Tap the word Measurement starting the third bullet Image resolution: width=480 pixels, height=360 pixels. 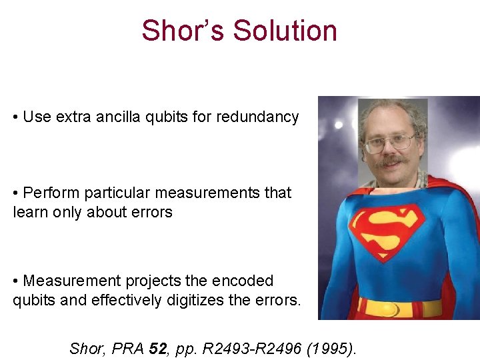point(72,281)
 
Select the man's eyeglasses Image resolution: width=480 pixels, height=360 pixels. point(389,143)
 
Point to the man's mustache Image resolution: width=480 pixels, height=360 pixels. point(391,161)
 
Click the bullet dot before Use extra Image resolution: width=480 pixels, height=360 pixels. point(16,118)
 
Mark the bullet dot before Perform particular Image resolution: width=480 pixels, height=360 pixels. point(16,194)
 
